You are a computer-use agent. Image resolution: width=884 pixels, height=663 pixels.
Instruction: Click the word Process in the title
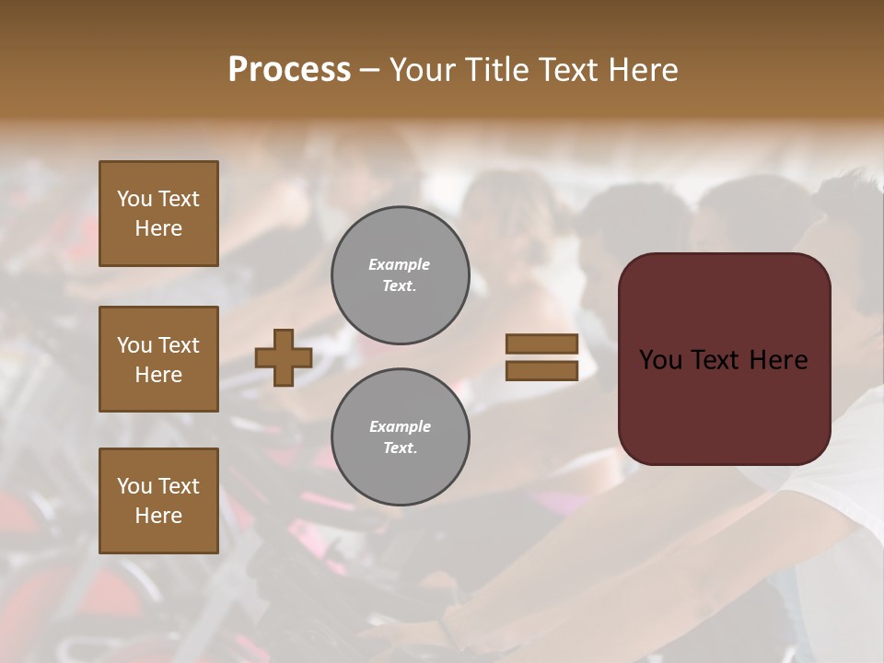point(289,70)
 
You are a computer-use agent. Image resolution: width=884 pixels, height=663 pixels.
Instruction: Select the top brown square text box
point(158,214)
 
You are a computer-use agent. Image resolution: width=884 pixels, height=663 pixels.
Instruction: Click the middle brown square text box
point(158,359)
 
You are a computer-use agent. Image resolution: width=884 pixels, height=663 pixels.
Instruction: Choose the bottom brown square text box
point(158,501)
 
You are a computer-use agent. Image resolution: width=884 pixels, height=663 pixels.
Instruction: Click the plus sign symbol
point(284,358)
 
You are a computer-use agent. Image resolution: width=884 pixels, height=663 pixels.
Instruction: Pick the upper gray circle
point(401,275)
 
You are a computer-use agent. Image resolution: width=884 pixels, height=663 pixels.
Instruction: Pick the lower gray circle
point(401,437)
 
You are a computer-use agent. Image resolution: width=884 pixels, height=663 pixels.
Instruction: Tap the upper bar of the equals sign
point(542,344)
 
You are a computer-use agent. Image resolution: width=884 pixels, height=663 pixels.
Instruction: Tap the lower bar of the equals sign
point(542,370)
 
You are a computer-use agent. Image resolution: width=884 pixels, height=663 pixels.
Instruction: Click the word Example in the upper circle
point(400,264)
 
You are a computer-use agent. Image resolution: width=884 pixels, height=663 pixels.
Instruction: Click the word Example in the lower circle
point(400,426)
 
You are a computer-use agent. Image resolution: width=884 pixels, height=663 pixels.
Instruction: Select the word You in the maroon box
point(660,360)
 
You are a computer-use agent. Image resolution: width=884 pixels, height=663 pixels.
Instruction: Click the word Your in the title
point(424,70)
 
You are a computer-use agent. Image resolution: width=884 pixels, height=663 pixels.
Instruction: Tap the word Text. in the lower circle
point(400,448)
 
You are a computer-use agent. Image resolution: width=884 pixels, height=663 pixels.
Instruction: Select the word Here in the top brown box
point(158,228)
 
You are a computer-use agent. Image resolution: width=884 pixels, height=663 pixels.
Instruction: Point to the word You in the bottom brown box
point(134,486)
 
